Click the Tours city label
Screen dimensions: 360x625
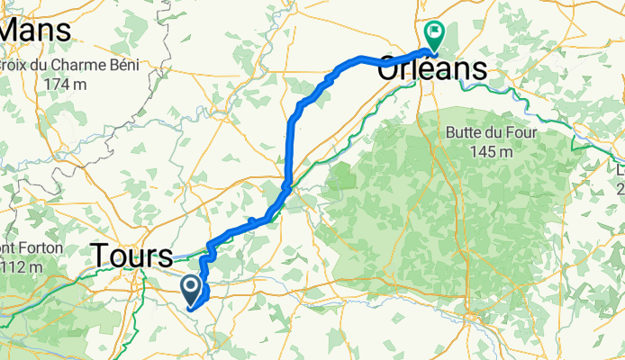132,256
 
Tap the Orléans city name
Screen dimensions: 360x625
433,68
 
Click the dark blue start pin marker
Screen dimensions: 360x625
192,289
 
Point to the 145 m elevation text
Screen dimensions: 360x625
491,152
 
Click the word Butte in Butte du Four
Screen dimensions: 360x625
465,132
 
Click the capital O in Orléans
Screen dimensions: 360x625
392,68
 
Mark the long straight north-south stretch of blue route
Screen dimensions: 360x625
289,148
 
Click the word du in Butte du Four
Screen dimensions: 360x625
494,132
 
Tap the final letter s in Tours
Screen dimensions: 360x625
164,256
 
